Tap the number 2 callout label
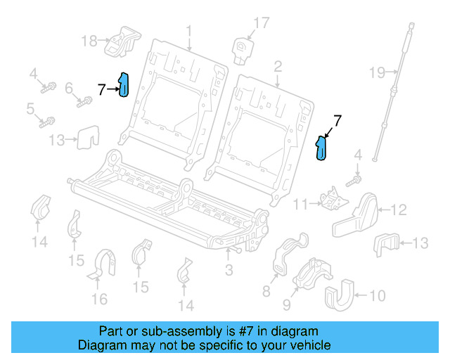(278, 67)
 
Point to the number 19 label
(378, 72)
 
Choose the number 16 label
(99, 299)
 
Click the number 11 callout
(301, 204)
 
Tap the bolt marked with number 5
(48, 121)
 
